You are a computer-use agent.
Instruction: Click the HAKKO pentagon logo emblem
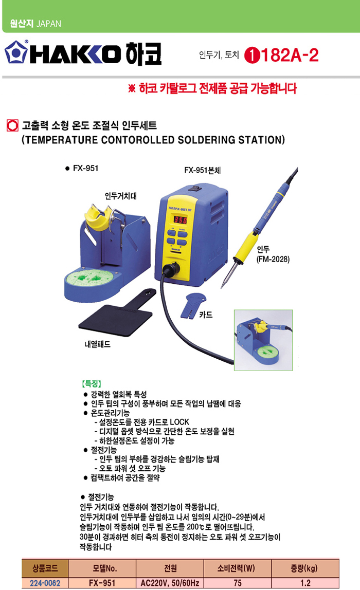pos(16,52)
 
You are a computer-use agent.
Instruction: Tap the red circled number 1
pos(252,56)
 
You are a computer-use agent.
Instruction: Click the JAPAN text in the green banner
pos(48,24)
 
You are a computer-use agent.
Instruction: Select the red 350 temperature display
pos(180,219)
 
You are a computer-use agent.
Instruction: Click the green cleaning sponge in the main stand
pos(91,278)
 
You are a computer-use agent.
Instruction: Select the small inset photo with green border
pos(263,340)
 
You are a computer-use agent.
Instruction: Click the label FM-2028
pos(273,259)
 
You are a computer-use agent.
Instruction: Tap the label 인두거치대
pos(120,196)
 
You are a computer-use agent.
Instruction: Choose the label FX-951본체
pos(202,170)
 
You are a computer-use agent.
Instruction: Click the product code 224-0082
pos(45,583)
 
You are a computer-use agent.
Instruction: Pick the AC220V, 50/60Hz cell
pos(170,583)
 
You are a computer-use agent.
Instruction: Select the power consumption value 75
pos(238,583)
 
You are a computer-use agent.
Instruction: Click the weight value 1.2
pos(305,583)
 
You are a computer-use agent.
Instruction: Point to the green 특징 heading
pos(92,384)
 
